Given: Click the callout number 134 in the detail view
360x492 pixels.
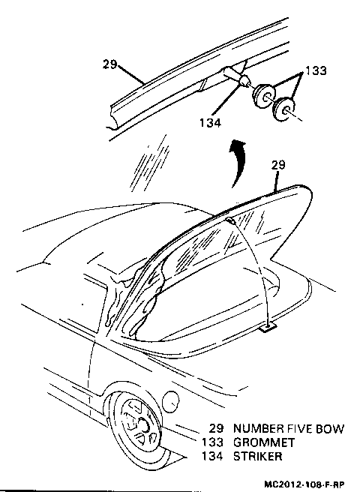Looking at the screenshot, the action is point(210,122).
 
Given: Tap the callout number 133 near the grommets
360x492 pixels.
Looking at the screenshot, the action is point(316,70).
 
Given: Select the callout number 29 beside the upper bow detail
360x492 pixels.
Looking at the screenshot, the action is point(109,64).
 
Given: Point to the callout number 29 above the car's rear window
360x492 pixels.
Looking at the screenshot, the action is point(278,165).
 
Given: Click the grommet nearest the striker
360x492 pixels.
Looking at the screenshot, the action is point(264,95).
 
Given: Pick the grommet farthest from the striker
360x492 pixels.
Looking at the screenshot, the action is point(284,109).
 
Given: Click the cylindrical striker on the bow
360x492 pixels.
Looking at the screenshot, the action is point(235,76).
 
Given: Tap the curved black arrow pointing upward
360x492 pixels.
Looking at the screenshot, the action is point(238,163).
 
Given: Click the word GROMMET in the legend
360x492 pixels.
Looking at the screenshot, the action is point(264,442).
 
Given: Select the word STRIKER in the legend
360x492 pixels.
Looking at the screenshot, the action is point(258,456).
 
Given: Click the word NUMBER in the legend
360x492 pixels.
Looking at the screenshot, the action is point(258,428).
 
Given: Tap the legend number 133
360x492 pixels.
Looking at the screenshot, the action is point(212,442).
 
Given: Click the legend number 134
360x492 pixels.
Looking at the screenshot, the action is point(212,456).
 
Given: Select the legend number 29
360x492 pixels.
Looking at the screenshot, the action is point(216,428).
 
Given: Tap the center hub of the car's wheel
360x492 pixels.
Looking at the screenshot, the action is point(142,425).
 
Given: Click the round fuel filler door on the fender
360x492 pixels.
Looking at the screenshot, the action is point(170,401).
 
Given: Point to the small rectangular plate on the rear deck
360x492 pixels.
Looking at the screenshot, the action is point(268,328).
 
